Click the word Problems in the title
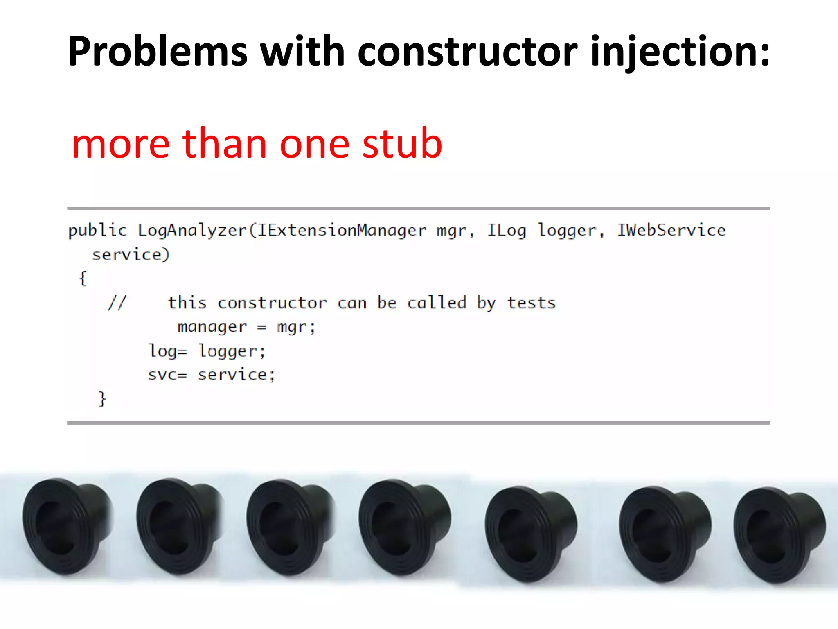pos(158,52)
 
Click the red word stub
pos(402,143)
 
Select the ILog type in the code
pos(506,231)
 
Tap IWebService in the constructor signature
pos(671,231)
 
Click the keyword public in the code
pos(97,231)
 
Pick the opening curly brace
pos(83,278)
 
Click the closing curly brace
pos(102,399)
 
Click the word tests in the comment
pos(531,303)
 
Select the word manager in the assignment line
pos(212,327)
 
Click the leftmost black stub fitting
pos(65,526)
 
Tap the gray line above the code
pos(418,209)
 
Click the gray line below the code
pos(418,423)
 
